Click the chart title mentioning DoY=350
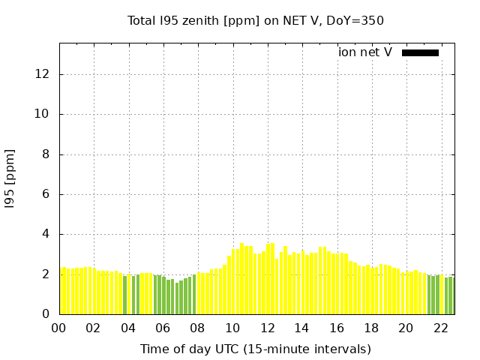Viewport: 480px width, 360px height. click(256, 21)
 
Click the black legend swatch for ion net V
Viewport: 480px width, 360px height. click(420, 52)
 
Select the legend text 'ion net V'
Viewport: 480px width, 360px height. click(365, 52)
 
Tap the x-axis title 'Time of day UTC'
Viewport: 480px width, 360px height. click(256, 349)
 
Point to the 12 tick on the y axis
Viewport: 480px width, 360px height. click(43, 74)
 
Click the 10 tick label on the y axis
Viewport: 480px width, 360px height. click(43, 115)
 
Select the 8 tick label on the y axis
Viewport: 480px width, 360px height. click(46, 154)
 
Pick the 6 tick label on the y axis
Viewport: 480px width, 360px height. click(46, 194)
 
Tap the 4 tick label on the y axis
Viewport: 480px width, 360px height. click(46, 234)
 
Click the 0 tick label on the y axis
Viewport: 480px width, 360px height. click(46, 314)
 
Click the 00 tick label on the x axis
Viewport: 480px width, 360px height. click(59, 328)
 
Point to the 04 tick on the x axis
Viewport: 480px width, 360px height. click(128, 328)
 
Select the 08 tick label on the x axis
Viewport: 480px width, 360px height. click(198, 328)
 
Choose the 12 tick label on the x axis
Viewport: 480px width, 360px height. click(267, 328)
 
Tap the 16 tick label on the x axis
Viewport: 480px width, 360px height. click(337, 328)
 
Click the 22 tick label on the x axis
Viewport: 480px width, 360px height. click(441, 328)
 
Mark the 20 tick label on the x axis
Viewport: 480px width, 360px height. click(406, 328)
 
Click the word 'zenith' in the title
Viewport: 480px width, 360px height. click(200, 21)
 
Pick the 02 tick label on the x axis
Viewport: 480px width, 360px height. click(94, 328)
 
